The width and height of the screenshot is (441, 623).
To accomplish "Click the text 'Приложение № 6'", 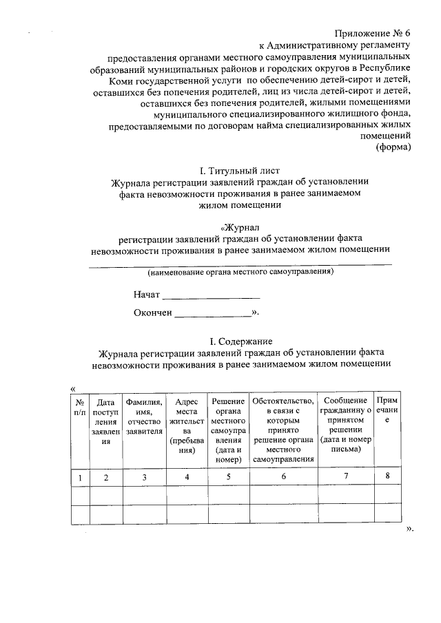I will pos(373,34).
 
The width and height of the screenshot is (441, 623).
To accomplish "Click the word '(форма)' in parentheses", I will pos(393,147).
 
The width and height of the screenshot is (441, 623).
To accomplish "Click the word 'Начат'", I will pos(147,295).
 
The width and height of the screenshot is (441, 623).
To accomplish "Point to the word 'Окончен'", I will pos(153,313).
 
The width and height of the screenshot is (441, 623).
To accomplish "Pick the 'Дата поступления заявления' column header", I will pos(105,421).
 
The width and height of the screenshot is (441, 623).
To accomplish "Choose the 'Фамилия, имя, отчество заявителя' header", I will pos(144,416).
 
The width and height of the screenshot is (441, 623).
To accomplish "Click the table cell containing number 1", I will pos(80,476).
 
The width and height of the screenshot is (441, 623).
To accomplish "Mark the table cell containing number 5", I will pos(227,476).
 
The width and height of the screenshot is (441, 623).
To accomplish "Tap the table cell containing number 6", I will pos(283,476).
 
